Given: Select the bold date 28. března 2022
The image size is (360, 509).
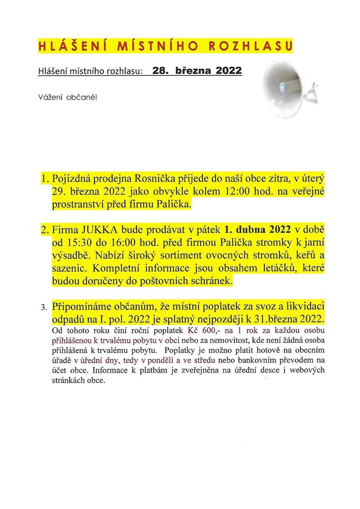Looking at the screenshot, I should [x=197, y=71].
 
